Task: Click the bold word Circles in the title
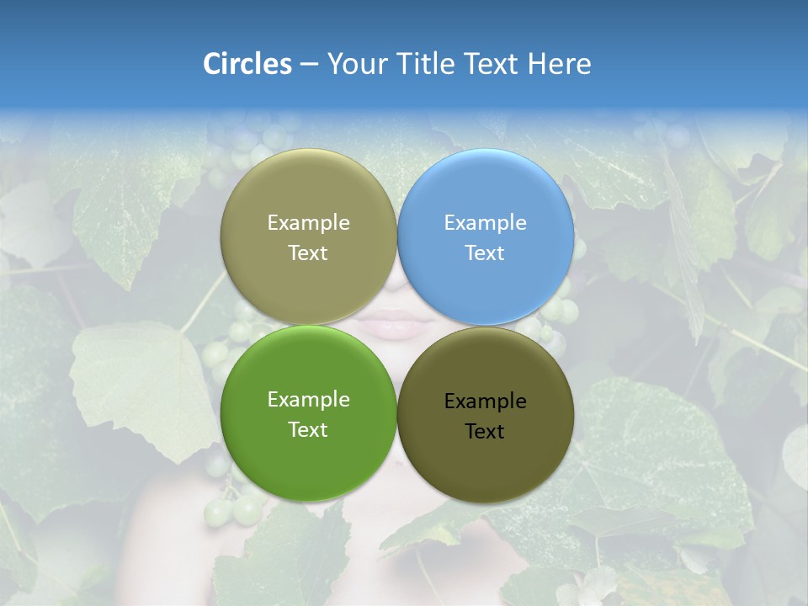(247, 64)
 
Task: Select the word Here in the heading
(559, 64)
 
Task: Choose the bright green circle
(308, 459)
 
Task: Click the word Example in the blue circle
(486, 223)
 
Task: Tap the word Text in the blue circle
(486, 252)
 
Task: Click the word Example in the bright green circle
(308, 400)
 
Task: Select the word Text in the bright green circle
(308, 429)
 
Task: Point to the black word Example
(486, 401)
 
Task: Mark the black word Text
(486, 432)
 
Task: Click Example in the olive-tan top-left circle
(308, 223)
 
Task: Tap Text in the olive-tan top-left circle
(308, 252)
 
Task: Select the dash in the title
(309, 65)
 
